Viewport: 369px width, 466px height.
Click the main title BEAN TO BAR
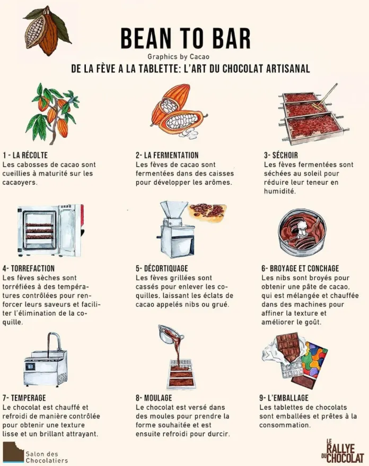point(186,38)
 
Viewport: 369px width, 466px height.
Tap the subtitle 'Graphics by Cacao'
point(178,57)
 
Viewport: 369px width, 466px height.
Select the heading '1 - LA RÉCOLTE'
point(25,155)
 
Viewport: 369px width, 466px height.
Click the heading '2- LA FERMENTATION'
point(167,155)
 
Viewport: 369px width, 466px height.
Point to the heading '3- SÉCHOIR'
point(280,155)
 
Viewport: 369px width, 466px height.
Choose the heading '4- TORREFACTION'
point(29,268)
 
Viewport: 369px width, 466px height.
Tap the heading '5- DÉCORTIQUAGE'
point(162,268)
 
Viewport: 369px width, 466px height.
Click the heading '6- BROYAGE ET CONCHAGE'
point(300,268)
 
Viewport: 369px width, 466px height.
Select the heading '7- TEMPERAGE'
point(24,398)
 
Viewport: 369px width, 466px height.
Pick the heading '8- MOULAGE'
point(154,398)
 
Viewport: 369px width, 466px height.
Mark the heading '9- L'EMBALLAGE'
point(284,398)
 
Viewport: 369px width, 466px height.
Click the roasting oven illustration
point(50,230)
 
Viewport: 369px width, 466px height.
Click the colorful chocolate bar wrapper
point(314,360)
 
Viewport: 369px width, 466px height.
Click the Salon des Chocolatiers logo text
point(47,457)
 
